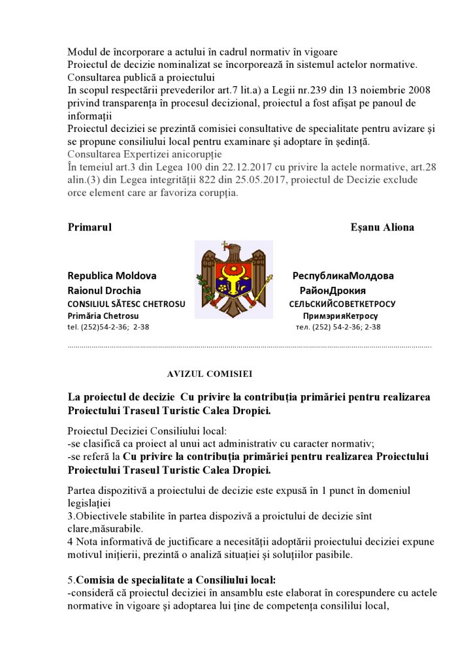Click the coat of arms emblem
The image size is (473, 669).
point(233,278)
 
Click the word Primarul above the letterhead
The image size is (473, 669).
point(90,227)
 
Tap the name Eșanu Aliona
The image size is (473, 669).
point(382,227)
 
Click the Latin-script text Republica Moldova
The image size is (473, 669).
point(112,276)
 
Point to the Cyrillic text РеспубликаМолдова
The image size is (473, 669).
point(343,276)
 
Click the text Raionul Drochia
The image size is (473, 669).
point(104,290)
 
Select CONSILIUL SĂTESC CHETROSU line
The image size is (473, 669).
point(126,304)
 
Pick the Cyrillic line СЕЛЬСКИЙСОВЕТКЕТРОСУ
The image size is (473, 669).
point(342,304)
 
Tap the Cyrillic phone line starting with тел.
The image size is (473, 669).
point(338,327)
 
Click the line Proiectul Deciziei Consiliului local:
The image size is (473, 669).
point(147,431)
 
